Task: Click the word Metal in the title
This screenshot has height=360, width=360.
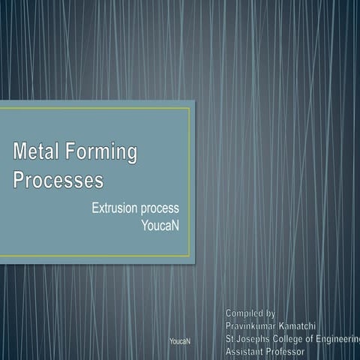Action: tap(37, 153)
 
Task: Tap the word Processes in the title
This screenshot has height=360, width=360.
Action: tap(58, 181)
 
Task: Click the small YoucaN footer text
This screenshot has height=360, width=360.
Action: tap(180, 341)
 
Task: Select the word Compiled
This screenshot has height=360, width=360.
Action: tap(244, 312)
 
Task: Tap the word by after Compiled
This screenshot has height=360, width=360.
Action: tap(271, 312)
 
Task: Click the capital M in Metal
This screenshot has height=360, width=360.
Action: tap(20, 153)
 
